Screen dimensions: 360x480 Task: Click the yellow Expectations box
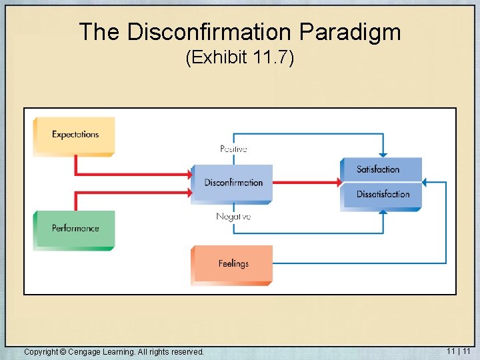click(74, 135)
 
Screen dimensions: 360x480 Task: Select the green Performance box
click(75, 229)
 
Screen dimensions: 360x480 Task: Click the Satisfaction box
click(381, 169)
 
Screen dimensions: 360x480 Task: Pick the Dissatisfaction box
click(381, 195)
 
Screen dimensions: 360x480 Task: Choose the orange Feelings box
click(232, 264)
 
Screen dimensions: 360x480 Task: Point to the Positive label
click(233, 149)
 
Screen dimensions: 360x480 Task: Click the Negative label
click(233, 217)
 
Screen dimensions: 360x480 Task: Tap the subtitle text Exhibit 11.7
click(240, 59)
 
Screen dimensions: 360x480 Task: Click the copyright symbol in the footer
click(63, 351)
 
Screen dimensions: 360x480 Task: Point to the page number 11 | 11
click(459, 351)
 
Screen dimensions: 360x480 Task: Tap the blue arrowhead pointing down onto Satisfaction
click(382, 154)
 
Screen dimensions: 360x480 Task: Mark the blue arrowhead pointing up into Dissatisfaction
click(383, 213)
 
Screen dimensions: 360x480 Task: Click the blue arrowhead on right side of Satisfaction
click(427, 181)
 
